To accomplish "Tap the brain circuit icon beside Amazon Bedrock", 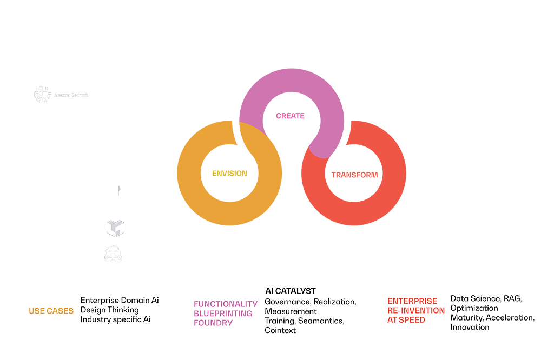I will click(39, 95).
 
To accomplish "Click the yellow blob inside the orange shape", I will click(229, 172).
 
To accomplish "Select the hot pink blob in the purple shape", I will click(292, 119).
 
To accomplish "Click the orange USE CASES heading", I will click(51, 311).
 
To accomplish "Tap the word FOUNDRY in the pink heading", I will click(213, 323).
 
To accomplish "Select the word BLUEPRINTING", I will click(222, 314).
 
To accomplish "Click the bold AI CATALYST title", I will click(290, 291).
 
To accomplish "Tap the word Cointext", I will click(280, 330).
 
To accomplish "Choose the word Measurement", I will click(291, 311).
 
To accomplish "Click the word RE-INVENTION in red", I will click(413, 310).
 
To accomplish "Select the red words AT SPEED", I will click(406, 320).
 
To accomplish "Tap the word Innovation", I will click(470, 327).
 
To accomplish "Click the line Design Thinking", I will click(110, 310).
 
